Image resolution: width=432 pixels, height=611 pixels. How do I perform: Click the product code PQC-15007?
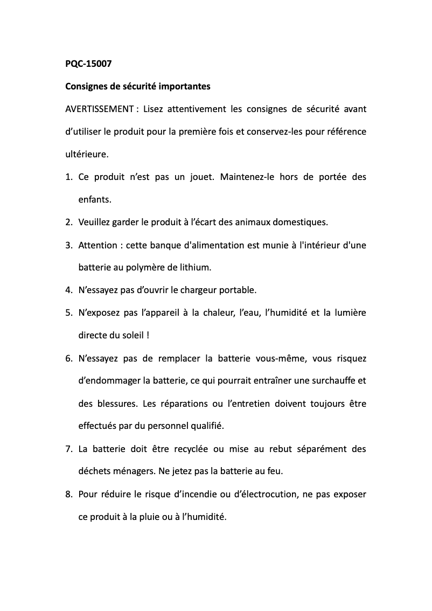[x=88, y=64]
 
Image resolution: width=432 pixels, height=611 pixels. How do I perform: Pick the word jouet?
[x=201, y=177]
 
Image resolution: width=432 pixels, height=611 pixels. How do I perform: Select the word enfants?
[x=95, y=199]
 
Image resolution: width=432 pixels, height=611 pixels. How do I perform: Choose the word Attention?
[x=97, y=245]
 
